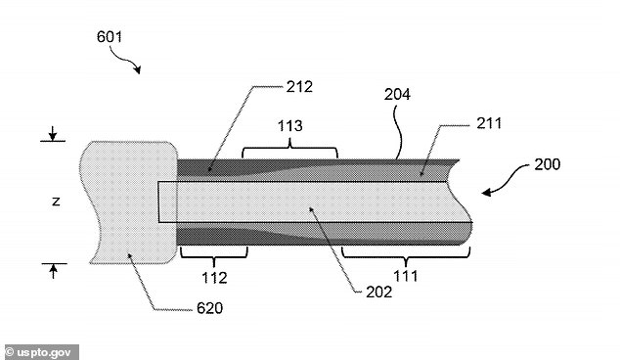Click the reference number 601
pyautogui.click(x=110, y=37)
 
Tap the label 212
pyautogui.click(x=299, y=87)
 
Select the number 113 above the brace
pyautogui.click(x=290, y=126)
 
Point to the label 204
pyautogui.click(x=397, y=94)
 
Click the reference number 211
pyautogui.click(x=489, y=123)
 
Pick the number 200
pyautogui.click(x=548, y=164)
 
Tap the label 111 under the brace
pyautogui.click(x=406, y=276)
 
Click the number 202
pyautogui.click(x=379, y=292)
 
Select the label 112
pyautogui.click(x=215, y=278)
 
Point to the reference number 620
pyautogui.click(x=209, y=308)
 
